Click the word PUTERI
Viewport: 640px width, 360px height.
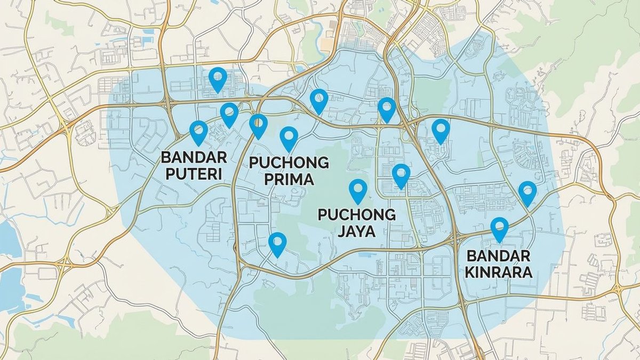pyautogui.click(x=194, y=174)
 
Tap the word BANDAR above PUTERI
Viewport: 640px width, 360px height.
pyautogui.click(x=194, y=158)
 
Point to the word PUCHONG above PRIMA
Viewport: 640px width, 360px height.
pyautogui.click(x=289, y=162)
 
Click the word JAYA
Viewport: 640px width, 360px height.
pyautogui.click(x=357, y=231)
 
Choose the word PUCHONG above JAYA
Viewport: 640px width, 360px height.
pyautogui.click(x=357, y=215)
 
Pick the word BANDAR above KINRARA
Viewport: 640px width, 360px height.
pyautogui.click(x=499, y=256)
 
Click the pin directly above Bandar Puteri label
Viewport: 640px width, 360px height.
pyautogui.click(x=198, y=132)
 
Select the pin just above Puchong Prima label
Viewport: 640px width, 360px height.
pyautogui.click(x=289, y=138)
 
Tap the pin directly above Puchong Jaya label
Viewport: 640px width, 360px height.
pyautogui.click(x=357, y=190)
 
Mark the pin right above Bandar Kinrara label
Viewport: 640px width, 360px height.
pyautogui.click(x=499, y=228)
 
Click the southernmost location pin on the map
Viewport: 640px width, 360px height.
pyautogui.click(x=277, y=244)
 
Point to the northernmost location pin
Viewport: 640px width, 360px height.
pyautogui.click(x=217, y=78)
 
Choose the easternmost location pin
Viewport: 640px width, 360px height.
pyautogui.click(x=527, y=192)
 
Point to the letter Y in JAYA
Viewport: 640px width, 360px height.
pyautogui.click(x=364, y=231)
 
